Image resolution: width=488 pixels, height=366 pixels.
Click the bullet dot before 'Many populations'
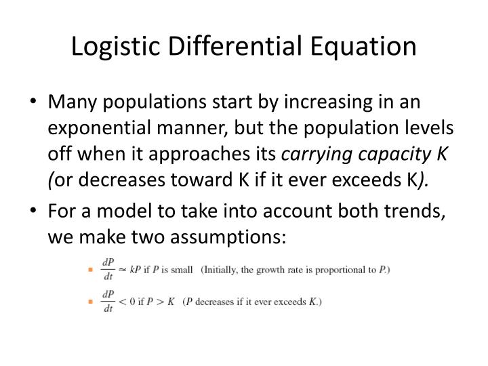tap(36, 102)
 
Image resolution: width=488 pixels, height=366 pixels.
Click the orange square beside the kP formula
tap(90, 270)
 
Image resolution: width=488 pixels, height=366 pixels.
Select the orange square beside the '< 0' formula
tap(90, 302)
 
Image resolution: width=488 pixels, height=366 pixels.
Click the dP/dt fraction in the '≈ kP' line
tap(107, 270)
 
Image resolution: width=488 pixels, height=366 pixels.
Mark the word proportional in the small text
tap(332, 270)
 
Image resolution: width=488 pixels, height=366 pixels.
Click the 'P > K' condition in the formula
tap(165, 302)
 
